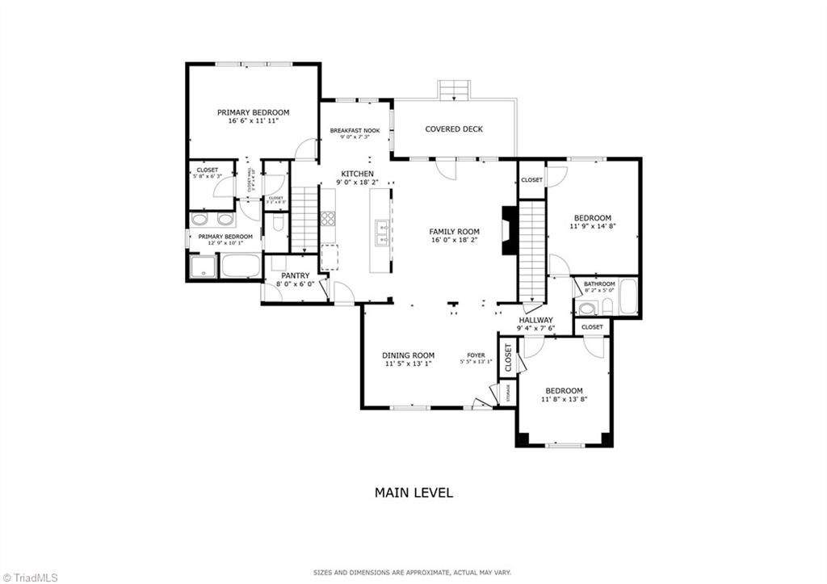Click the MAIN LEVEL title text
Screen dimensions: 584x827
coord(413,492)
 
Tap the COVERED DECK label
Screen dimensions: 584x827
coord(454,129)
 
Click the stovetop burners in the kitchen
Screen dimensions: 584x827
coord(329,217)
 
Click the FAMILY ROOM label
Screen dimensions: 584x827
coord(454,232)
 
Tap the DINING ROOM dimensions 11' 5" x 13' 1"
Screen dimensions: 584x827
coord(408,364)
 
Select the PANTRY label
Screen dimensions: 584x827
coord(296,275)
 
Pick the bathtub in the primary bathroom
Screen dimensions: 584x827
coord(241,266)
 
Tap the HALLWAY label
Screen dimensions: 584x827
coord(535,320)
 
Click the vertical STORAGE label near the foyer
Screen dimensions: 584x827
coord(508,393)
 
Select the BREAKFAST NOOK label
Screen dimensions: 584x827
coord(355,130)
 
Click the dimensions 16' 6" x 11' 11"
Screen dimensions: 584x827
coord(253,121)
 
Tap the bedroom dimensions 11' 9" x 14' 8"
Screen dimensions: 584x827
coord(592,227)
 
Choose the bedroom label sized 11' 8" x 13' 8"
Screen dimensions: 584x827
coord(563,391)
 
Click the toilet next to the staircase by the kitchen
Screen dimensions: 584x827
coord(277,221)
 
